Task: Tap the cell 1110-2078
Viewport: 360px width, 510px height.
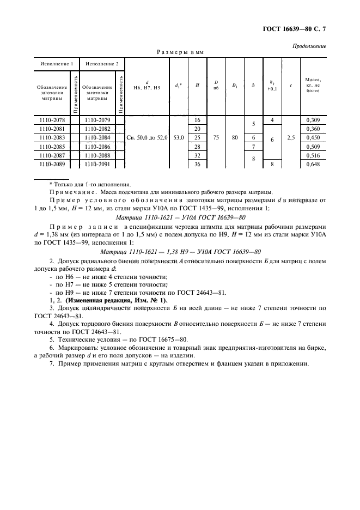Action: coord(52,120)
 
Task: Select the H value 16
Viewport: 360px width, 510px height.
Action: coord(197,120)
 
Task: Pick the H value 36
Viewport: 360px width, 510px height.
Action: coord(197,165)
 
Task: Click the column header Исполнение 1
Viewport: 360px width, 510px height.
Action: coord(57,64)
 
